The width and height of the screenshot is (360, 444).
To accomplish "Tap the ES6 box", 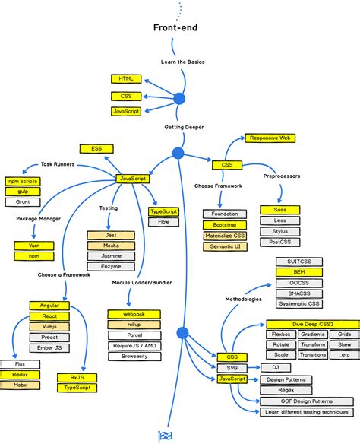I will click(96, 148).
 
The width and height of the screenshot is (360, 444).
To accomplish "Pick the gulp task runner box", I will click(22, 192).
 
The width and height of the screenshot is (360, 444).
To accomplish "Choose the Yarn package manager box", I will click(30, 246).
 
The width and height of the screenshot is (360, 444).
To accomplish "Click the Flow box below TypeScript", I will click(163, 222).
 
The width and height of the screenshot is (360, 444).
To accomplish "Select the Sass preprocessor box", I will click(279, 210).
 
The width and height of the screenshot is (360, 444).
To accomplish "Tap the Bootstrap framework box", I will click(225, 225).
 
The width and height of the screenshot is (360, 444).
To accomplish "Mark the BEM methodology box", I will click(299, 272).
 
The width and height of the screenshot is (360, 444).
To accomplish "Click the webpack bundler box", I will click(134, 314).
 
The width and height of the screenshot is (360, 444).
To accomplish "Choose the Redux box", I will click(21, 375).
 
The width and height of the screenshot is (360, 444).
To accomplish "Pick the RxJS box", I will click(77, 376).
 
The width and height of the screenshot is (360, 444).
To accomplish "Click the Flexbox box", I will click(282, 335).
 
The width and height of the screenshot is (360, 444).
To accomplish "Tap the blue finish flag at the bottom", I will click(164, 436).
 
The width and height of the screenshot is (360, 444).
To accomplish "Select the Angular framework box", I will click(50, 306).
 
